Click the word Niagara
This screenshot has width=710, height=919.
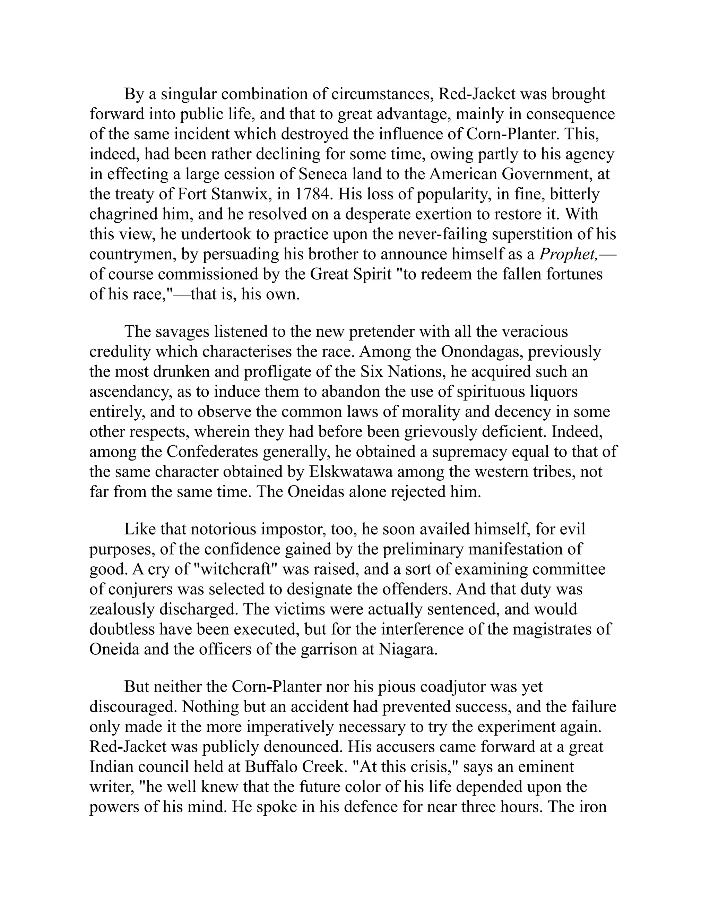coord(408,649)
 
